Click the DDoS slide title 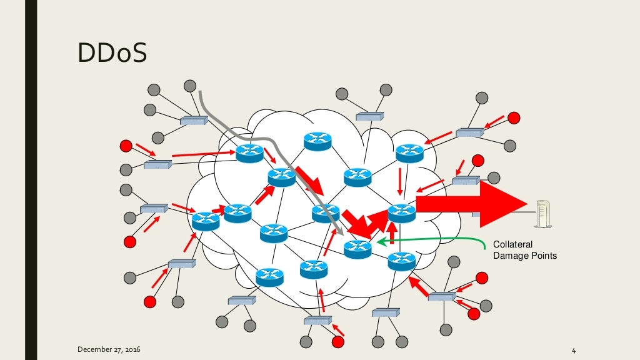tap(112, 54)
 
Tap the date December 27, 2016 tap(109, 348)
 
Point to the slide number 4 tap(572, 349)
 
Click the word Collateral tap(512, 244)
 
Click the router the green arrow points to tap(357, 249)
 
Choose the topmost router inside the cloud tap(317, 141)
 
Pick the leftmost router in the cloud tap(206, 221)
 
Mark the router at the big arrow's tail tap(401, 212)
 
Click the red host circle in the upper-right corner tap(513, 117)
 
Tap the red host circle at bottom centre tap(338, 342)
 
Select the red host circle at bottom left tap(149, 302)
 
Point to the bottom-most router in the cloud tap(270, 276)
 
